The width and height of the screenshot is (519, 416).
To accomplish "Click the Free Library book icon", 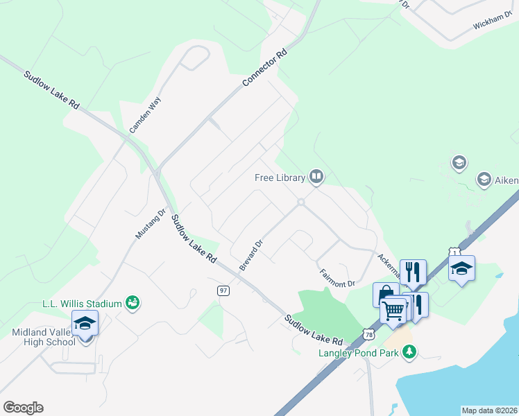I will click(x=316, y=177).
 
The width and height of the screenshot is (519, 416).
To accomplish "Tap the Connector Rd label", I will click(x=264, y=67).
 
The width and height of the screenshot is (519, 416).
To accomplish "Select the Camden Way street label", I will click(x=145, y=114).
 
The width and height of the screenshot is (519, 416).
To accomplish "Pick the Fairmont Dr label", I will click(x=337, y=278).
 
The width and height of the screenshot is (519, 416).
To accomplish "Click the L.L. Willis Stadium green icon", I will click(x=133, y=302).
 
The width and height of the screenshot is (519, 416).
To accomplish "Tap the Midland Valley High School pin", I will click(x=85, y=324).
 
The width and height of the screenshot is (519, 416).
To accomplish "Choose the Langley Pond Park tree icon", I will click(x=410, y=352).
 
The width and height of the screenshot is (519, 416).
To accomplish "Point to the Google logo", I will click(x=23, y=408).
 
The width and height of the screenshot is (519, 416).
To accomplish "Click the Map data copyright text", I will click(x=490, y=410).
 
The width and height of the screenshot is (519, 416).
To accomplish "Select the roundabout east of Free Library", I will click(x=301, y=202).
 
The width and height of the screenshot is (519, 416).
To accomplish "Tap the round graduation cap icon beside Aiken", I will click(x=484, y=180).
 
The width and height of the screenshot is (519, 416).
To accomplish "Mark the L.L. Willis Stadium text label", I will click(x=81, y=303).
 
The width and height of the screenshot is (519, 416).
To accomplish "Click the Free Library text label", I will click(x=280, y=178).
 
